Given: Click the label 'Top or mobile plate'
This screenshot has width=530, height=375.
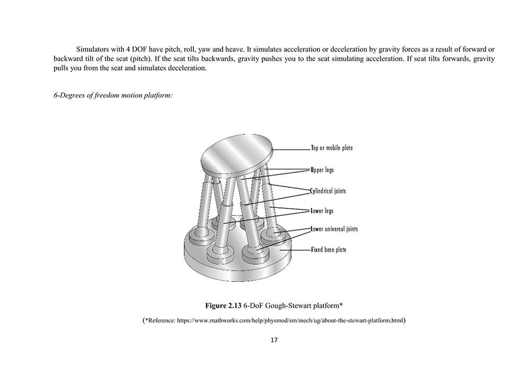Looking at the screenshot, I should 331,148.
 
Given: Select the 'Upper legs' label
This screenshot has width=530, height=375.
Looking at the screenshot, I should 322,170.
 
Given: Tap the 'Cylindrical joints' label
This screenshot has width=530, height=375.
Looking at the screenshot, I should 328,190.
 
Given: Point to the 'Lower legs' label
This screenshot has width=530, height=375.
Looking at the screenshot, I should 322,211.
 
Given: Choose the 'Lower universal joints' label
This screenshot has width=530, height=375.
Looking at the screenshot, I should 334,229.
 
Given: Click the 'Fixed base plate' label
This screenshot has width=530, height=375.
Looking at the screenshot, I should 328,249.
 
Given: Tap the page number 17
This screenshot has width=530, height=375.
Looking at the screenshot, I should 274,340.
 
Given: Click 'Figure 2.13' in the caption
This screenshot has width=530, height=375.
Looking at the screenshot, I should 223,306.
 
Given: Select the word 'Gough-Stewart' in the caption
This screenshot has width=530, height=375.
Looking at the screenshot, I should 289,306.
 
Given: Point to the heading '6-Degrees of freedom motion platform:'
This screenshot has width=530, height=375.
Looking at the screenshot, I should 112,95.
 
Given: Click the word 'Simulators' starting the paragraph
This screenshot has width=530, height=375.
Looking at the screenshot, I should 93,49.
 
